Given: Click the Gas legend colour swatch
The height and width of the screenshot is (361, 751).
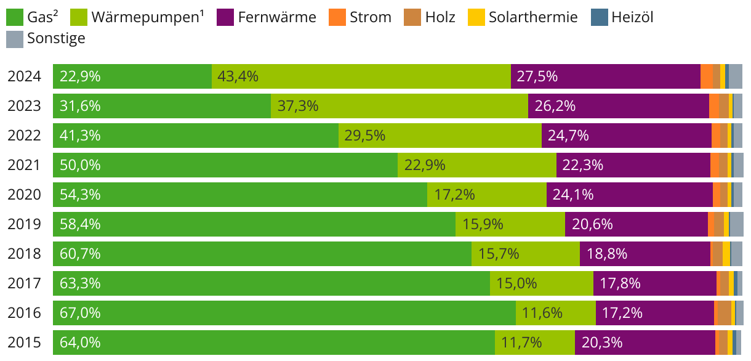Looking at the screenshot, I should click(x=15, y=17).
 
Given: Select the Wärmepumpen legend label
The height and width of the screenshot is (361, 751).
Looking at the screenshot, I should click(x=147, y=17).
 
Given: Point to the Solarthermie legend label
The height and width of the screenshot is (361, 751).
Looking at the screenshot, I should click(x=533, y=17).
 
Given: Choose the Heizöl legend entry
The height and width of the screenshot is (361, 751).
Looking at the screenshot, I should click(x=632, y=17).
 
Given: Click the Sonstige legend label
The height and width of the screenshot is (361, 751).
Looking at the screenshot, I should click(x=56, y=39).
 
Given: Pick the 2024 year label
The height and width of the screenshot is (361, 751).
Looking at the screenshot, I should click(x=24, y=76).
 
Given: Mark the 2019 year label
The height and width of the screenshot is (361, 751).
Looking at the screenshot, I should click(x=24, y=224).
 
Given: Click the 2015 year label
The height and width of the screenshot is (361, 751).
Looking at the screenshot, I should click(x=24, y=343).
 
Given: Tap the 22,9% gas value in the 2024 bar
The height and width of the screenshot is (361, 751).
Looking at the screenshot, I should click(x=80, y=76).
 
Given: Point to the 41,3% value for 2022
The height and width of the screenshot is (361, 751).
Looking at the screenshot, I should click(x=80, y=136).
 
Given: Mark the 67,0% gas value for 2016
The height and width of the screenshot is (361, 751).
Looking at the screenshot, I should click(x=80, y=313).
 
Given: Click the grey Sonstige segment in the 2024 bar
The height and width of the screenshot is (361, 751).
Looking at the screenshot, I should click(x=736, y=76).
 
